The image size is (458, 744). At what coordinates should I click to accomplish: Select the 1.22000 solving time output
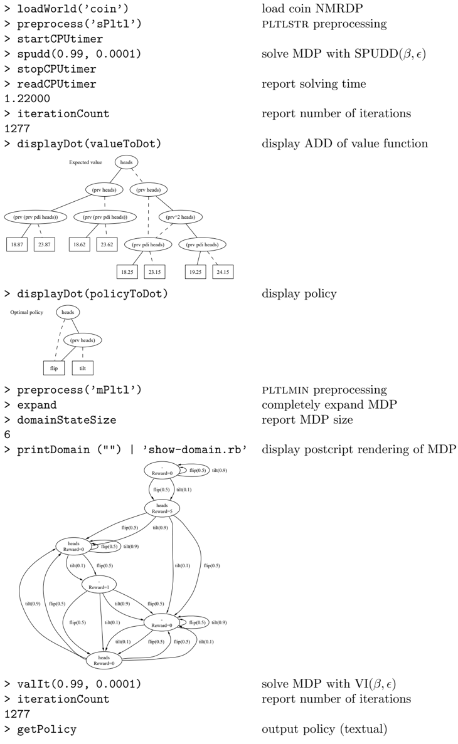27,98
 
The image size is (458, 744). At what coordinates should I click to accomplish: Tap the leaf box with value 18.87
17,244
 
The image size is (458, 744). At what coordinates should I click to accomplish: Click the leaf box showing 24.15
223,272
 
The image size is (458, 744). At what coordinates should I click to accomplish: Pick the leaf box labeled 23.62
107,244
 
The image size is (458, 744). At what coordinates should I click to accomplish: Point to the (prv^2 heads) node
181,217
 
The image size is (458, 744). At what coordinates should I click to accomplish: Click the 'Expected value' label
85,162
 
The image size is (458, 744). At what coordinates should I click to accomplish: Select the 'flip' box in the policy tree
54,368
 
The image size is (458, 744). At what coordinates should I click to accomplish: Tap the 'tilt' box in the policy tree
83,368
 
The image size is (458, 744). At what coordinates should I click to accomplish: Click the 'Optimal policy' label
26,312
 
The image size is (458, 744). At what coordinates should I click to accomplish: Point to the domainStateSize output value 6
7,434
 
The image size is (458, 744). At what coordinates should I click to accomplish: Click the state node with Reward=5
162,508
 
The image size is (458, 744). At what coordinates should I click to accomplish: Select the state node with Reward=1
99,585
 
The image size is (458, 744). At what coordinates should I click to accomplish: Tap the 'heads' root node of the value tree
126,162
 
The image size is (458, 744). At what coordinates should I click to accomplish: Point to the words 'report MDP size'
307,419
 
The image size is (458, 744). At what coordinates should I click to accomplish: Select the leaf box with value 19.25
195,272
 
